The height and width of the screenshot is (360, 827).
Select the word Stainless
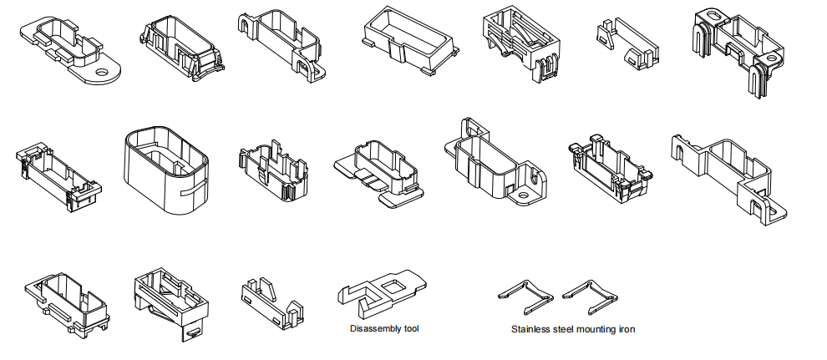point(531,329)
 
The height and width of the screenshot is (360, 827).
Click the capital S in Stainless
point(514,329)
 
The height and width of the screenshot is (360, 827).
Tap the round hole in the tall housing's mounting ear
point(524,197)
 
